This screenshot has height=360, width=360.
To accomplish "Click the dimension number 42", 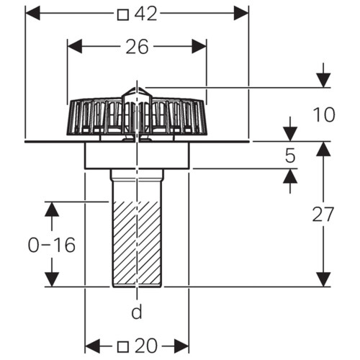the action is [x=145, y=14].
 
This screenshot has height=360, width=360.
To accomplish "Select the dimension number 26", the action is [x=137, y=47].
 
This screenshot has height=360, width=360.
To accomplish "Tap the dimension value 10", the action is [x=324, y=114].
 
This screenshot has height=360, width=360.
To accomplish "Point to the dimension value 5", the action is [x=290, y=156].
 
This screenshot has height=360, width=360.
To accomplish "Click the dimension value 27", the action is [x=323, y=214].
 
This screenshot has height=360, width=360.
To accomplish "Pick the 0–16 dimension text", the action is [x=52, y=245].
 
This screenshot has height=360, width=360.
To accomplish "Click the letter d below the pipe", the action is [x=137, y=311].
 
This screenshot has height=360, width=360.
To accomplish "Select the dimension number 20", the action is [x=146, y=346].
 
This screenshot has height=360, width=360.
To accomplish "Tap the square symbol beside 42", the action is [x=123, y=15].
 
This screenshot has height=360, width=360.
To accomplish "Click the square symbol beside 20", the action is [x=123, y=347].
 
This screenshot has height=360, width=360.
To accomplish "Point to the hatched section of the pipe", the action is [x=137, y=243].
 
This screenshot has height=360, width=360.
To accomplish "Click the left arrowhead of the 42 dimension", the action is [x=32, y=13].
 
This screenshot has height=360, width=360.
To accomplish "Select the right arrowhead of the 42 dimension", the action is [x=241, y=13].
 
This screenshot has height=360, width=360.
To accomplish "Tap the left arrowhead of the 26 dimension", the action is [x=75, y=46].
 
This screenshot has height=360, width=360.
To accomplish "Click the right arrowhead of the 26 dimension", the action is [x=199, y=46].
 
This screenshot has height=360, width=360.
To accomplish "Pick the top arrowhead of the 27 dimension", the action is [x=323, y=149].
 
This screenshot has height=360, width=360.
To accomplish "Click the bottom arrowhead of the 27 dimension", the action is [x=323, y=279].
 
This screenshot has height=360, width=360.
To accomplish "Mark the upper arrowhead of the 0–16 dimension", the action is [x=52, y=210].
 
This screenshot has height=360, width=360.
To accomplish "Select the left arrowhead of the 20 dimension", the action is [x=93, y=346].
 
